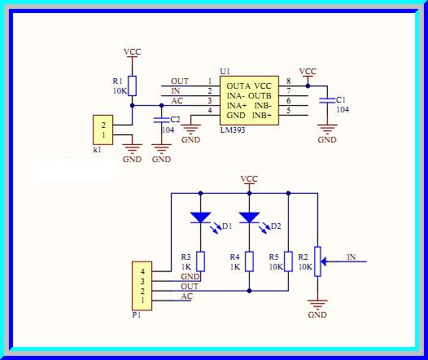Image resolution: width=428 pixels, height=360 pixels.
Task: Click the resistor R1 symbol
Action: [x=133, y=86]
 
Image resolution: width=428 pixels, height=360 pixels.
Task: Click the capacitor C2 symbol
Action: [x=161, y=121]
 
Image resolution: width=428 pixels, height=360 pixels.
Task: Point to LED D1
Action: [x=200, y=218]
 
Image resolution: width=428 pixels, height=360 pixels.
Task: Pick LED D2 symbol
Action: [x=249, y=218]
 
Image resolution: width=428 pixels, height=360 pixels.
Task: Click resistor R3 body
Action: [x=200, y=261]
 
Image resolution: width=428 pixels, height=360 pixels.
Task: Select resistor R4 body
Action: [x=249, y=261]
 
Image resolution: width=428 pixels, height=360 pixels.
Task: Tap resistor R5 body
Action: [x=289, y=261]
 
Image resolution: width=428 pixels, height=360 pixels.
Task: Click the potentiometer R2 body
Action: [x=317, y=261]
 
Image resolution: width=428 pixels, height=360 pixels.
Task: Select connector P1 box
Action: [x=142, y=285]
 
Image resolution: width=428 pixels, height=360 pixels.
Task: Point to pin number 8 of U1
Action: [x=288, y=81]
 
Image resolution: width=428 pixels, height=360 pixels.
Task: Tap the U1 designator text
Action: [x=225, y=72]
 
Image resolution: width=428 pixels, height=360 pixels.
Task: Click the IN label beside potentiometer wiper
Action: [x=351, y=257]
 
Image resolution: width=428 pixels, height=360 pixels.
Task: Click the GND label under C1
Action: [x=327, y=140]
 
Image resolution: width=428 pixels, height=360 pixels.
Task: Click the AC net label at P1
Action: [x=187, y=296]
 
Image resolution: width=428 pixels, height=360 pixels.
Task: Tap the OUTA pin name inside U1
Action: [x=238, y=86]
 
